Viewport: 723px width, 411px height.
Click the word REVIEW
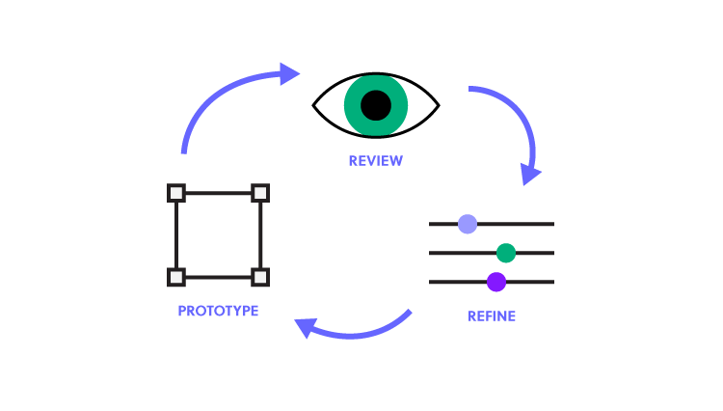(x=375, y=161)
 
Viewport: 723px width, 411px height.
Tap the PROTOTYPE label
(x=218, y=311)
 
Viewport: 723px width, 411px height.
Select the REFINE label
(x=492, y=315)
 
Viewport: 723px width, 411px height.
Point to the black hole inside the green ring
(x=376, y=105)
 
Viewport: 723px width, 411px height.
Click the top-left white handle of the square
(x=176, y=193)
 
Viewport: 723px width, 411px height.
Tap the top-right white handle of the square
(x=260, y=193)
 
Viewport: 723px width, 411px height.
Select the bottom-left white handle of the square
(x=176, y=277)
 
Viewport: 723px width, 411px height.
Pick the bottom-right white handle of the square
(x=260, y=277)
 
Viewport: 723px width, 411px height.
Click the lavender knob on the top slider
(x=468, y=224)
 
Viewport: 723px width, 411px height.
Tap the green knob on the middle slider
(x=506, y=253)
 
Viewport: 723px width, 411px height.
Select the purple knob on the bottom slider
(x=496, y=282)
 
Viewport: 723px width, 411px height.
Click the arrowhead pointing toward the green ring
(x=289, y=73)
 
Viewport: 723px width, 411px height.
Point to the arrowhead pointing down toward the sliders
(x=530, y=174)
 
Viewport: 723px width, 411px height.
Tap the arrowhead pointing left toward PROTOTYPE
(x=306, y=328)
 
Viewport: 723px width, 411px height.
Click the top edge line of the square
(x=218, y=193)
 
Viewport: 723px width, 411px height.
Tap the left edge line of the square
(x=176, y=234)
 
